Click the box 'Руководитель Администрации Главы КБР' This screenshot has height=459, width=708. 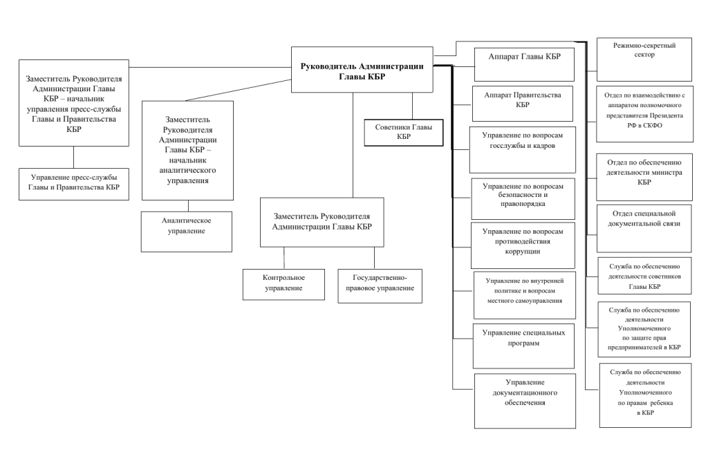[x=362, y=70]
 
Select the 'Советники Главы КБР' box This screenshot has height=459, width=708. [x=404, y=133]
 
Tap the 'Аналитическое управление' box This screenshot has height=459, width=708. [x=187, y=232]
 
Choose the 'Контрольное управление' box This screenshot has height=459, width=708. [x=283, y=284]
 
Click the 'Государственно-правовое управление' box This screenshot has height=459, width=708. [x=380, y=286]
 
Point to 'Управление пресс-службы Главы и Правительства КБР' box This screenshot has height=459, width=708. [x=74, y=184]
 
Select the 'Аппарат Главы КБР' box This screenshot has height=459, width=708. [x=524, y=64]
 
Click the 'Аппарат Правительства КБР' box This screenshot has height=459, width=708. [x=523, y=104]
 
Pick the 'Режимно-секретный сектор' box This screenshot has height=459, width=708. [x=644, y=59]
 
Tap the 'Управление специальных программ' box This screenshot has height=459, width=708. [x=524, y=346]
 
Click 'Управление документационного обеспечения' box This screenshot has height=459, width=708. [x=525, y=401]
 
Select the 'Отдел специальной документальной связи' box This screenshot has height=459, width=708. [x=644, y=228]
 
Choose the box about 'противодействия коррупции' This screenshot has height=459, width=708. [x=523, y=245]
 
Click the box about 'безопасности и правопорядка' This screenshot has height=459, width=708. [x=523, y=198]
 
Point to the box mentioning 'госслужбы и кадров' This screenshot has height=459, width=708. [x=523, y=150]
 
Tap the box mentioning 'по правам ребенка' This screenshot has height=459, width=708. [x=645, y=395]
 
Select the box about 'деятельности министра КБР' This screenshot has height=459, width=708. [x=644, y=177]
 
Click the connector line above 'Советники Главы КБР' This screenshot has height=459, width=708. [x=412, y=106]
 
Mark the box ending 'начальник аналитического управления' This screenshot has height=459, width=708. [x=188, y=150]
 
